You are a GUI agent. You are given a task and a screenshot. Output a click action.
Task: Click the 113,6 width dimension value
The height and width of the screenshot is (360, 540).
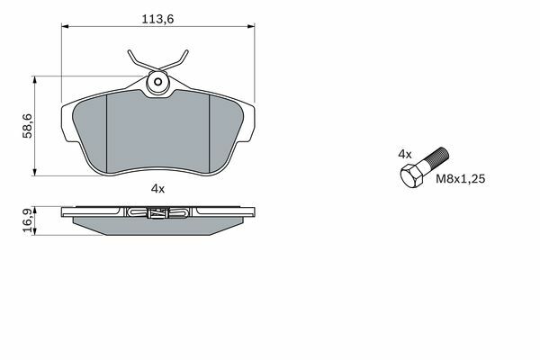point(157,19)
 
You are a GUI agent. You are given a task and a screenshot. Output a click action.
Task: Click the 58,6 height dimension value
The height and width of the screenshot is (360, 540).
point(27,126)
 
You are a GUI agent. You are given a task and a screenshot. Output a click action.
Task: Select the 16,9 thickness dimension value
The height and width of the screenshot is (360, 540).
point(28,220)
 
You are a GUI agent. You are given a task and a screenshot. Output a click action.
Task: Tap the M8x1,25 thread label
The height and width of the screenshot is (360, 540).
point(461,179)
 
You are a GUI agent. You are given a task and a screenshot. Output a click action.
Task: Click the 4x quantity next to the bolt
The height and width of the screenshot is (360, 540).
point(405,154)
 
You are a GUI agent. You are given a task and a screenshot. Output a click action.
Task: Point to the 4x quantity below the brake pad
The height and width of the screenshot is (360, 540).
point(158,189)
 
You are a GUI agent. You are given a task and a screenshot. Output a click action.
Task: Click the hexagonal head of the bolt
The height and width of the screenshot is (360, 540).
point(411,176)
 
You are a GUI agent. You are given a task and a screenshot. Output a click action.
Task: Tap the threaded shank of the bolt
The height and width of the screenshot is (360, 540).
point(435,159)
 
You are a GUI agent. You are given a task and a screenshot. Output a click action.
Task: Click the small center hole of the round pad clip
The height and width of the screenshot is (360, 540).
point(158,82)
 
